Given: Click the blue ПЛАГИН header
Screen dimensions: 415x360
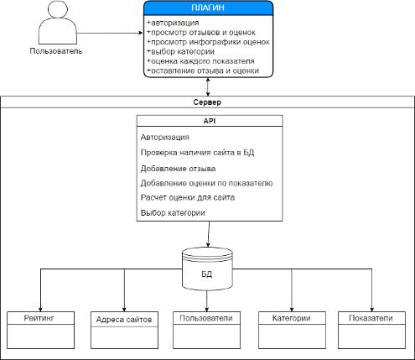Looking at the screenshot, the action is (x=208, y=8).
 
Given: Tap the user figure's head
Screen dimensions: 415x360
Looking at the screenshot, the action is (x=58, y=8).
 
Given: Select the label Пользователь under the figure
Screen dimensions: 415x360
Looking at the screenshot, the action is (x=56, y=51).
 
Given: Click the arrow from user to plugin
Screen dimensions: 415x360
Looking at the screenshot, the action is (x=110, y=33).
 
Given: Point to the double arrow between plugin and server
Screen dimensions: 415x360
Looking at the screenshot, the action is (x=208, y=86).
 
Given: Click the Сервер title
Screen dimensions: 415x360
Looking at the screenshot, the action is (x=207, y=102).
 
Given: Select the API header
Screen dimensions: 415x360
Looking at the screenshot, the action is (x=210, y=121).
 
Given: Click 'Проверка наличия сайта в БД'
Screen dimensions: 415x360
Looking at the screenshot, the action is (x=197, y=153).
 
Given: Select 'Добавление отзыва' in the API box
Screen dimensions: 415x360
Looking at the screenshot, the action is (x=178, y=169).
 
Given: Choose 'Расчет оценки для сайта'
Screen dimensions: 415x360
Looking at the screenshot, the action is (x=188, y=197).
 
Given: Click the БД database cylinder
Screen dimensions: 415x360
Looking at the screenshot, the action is (x=207, y=269).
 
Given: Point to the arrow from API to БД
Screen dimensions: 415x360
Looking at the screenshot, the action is (x=209, y=234).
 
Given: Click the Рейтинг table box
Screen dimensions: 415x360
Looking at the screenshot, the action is (x=40, y=330).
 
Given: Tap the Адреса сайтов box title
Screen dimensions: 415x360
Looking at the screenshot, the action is (x=124, y=320).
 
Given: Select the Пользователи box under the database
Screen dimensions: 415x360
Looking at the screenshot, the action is (x=206, y=330).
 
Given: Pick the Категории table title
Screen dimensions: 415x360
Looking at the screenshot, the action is (x=292, y=318).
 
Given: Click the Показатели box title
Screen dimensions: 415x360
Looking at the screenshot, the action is (x=371, y=318).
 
